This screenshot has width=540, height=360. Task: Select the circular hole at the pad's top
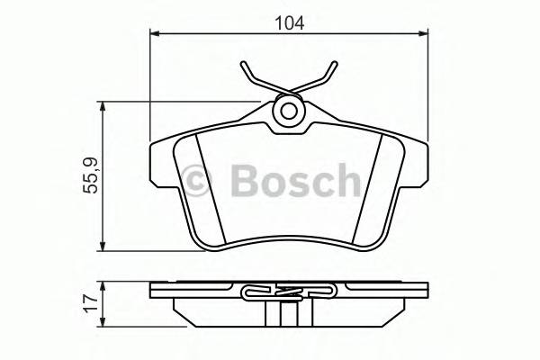(288, 112)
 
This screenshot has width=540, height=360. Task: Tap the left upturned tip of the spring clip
(244, 66)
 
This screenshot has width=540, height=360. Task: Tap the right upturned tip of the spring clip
(333, 66)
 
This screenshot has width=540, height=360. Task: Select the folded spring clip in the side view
(288, 292)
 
